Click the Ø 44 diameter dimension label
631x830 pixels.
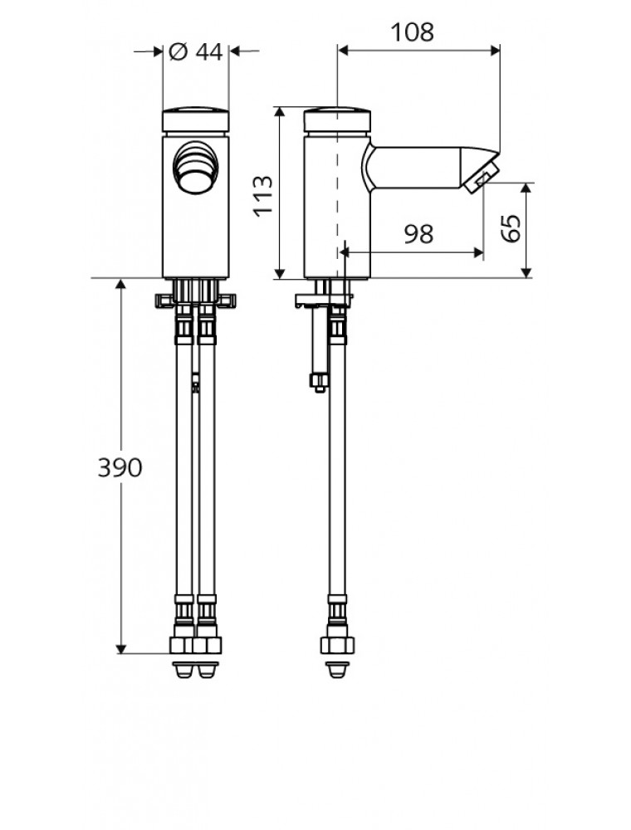195,51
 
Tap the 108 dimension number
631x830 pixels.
412,32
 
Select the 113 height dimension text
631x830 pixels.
263,195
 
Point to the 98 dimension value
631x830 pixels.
418,234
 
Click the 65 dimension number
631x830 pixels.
511,229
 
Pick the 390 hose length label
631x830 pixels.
120,467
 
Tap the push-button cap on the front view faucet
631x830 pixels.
195,120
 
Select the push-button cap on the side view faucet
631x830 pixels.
337,120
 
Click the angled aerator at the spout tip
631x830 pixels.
481,178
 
